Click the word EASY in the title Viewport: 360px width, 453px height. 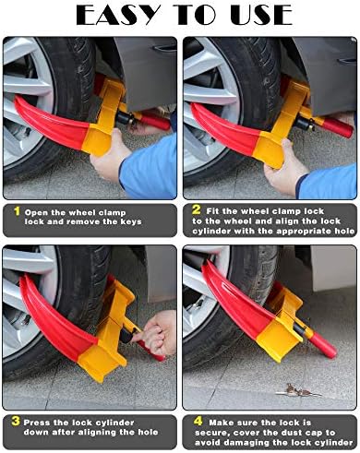[x=118, y=15]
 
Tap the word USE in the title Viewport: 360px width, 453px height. [x=261, y=15]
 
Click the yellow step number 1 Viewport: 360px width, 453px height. [x=18, y=211]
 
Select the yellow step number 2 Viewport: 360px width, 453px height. [x=197, y=209]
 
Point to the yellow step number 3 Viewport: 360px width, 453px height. [x=16, y=421]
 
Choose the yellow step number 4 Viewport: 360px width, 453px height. [x=198, y=421]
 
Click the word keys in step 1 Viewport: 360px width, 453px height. [x=131, y=221]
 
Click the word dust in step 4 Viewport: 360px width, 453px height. [x=293, y=433]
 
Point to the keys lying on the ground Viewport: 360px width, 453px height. [x=297, y=391]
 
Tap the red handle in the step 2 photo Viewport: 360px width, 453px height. [x=337, y=127]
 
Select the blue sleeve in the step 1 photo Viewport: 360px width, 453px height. [x=149, y=168]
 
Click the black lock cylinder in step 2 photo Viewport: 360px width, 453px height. [x=304, y=124]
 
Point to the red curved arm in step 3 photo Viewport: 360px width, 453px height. [x=55, y=320]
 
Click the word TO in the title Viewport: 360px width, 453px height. [x=195, y=15]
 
